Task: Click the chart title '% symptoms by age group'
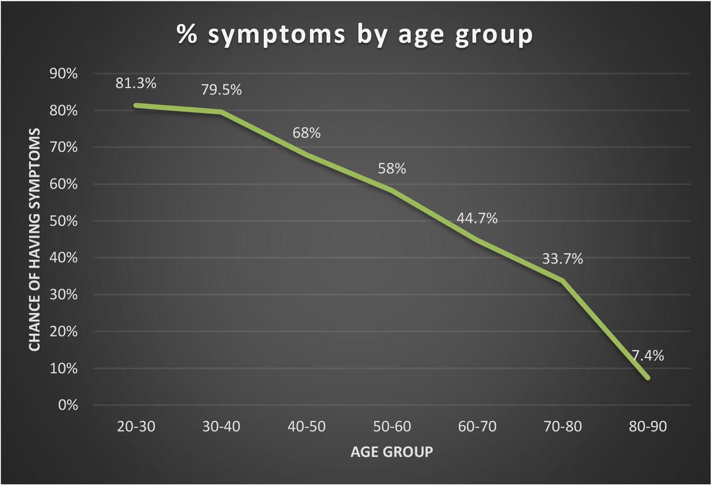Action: tap(355, 35)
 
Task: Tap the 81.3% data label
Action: tap(136, 83)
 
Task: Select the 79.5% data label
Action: tap(221, 90)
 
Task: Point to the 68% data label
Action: tap(306, 133)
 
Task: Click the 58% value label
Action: tap(392, 168)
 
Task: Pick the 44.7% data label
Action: tap(477, 218)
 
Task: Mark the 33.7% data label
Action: tap(562, 259)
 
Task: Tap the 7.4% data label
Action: tap(647, 356)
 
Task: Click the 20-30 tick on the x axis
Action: tap(136, 427)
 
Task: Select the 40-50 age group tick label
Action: tap(306, 427)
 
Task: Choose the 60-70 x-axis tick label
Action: tap(477, 427)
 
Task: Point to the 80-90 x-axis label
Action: tap(647, 427)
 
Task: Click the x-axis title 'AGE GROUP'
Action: tap(392, 452)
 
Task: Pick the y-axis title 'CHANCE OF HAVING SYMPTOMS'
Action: tap(34, 239)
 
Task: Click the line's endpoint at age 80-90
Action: tap(647, 378)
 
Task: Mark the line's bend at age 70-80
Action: tap(562, 281)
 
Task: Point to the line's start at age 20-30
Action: tap(136, 105)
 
